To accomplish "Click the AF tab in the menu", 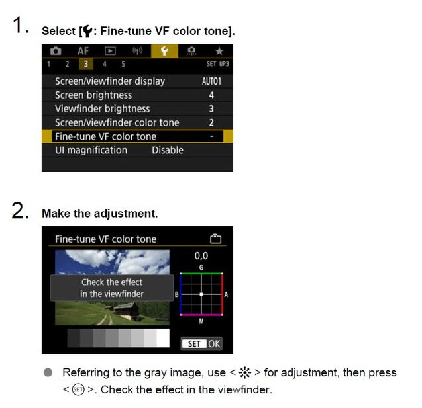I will (83, 51).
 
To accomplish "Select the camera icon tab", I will (56, 51).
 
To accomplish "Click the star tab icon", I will (219, 51).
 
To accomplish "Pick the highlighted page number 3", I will (85, 64).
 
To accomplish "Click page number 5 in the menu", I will (123, 64).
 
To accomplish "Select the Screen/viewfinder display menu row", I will (109, 81).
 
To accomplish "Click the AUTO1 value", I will (211, 81).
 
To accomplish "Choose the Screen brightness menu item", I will (93, 95).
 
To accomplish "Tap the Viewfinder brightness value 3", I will (211, 109).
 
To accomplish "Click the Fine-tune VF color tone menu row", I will (137, 136).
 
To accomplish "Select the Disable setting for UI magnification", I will (167, 150).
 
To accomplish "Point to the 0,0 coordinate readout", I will (201, 255).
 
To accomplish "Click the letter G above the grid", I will (201, 267).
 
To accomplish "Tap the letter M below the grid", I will (201, 321).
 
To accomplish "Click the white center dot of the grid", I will (201, 294).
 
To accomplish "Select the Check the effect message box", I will (112, 288).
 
